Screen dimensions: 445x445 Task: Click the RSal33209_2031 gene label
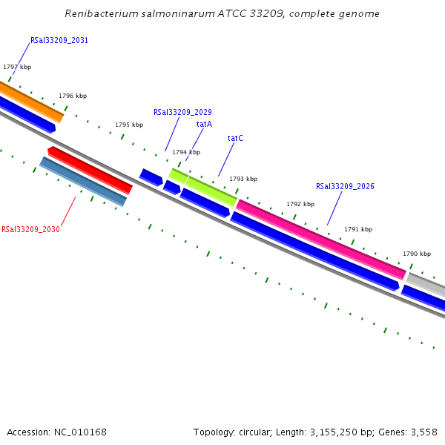[59, 40]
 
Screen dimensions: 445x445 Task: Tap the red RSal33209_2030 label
[30, 230]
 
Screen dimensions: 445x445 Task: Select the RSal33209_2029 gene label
[182, 113]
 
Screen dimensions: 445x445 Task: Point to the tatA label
[204, 124]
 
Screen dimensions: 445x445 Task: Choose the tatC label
[235, 138]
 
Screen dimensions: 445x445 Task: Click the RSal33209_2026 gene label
[345, 187]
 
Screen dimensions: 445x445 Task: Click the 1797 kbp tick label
[17, 67]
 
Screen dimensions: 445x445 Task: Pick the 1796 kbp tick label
[73, 96]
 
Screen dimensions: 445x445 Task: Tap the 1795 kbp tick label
[129, 125]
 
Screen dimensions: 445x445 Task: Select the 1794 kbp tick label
[186, 152]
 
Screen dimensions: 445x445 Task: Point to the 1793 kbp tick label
[243, 179]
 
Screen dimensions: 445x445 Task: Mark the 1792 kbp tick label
[300, 204]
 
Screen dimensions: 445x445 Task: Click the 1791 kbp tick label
[358, 229]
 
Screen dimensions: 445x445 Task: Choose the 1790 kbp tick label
[417, 254]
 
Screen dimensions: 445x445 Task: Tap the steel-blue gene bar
[83, 181]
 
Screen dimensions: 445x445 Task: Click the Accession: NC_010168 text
[56, 432]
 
